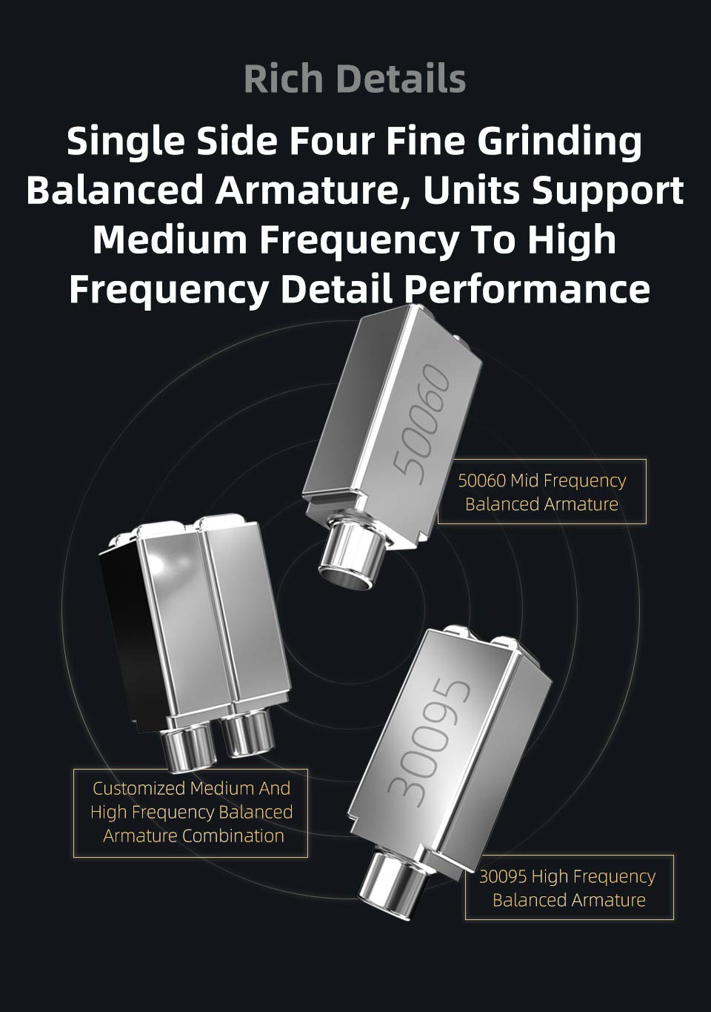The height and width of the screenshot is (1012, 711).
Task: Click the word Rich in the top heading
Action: click(284, 79)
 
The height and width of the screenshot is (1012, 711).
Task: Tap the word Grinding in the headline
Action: click(559, 142)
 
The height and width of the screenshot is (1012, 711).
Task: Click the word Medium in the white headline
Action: click(170, 239)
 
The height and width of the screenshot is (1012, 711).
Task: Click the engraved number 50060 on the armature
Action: click(420, 425)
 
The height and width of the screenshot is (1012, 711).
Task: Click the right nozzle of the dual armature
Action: click(247, 732)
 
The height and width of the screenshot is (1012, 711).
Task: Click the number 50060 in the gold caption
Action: click(481, 480)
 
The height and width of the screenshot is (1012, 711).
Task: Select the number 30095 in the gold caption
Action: click(503, 876)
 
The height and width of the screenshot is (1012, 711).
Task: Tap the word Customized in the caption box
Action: click(140, 788)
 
